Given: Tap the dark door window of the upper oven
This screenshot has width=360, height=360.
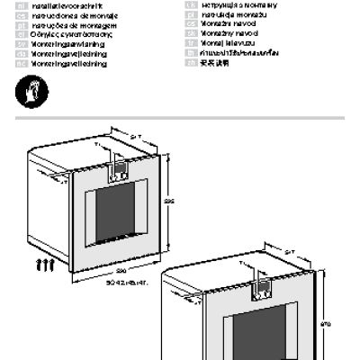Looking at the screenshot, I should point(121,211).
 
